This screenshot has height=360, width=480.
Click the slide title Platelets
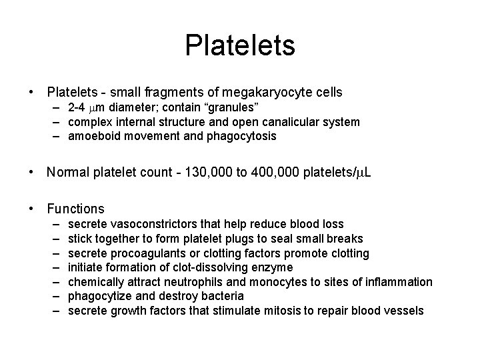pos(240,46)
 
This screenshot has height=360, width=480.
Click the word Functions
pos(75,209)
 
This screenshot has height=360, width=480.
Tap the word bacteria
pos(221,296)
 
